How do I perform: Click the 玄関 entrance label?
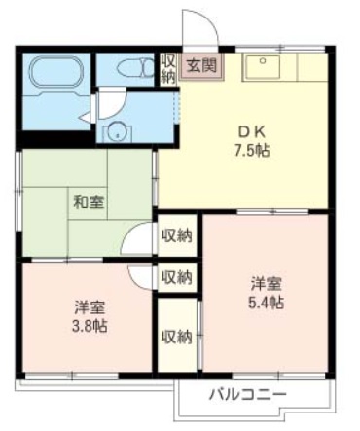(202, 67)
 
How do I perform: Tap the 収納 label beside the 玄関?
(168, 67)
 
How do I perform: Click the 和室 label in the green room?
(89, 202)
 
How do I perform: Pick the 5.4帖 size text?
(266, 303)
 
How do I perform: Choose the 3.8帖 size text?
(89, 325)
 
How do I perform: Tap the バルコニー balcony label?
(247, 395)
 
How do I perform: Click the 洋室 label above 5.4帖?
(266, 284)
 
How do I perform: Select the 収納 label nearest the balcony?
(177, 337)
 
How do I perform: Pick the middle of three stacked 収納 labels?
(177, 277)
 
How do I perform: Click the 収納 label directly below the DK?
(177, 234)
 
